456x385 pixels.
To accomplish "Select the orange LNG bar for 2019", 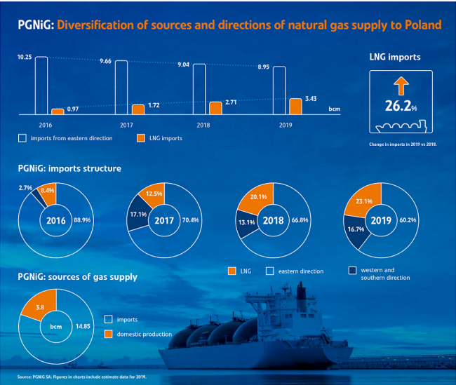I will coord(296,106).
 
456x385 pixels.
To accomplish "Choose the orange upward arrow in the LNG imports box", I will coord(401,86).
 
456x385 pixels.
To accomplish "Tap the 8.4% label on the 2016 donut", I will coord(48,189).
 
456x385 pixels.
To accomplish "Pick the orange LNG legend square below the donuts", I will coord(232,271).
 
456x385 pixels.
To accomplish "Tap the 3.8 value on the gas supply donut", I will coord(39,307).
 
